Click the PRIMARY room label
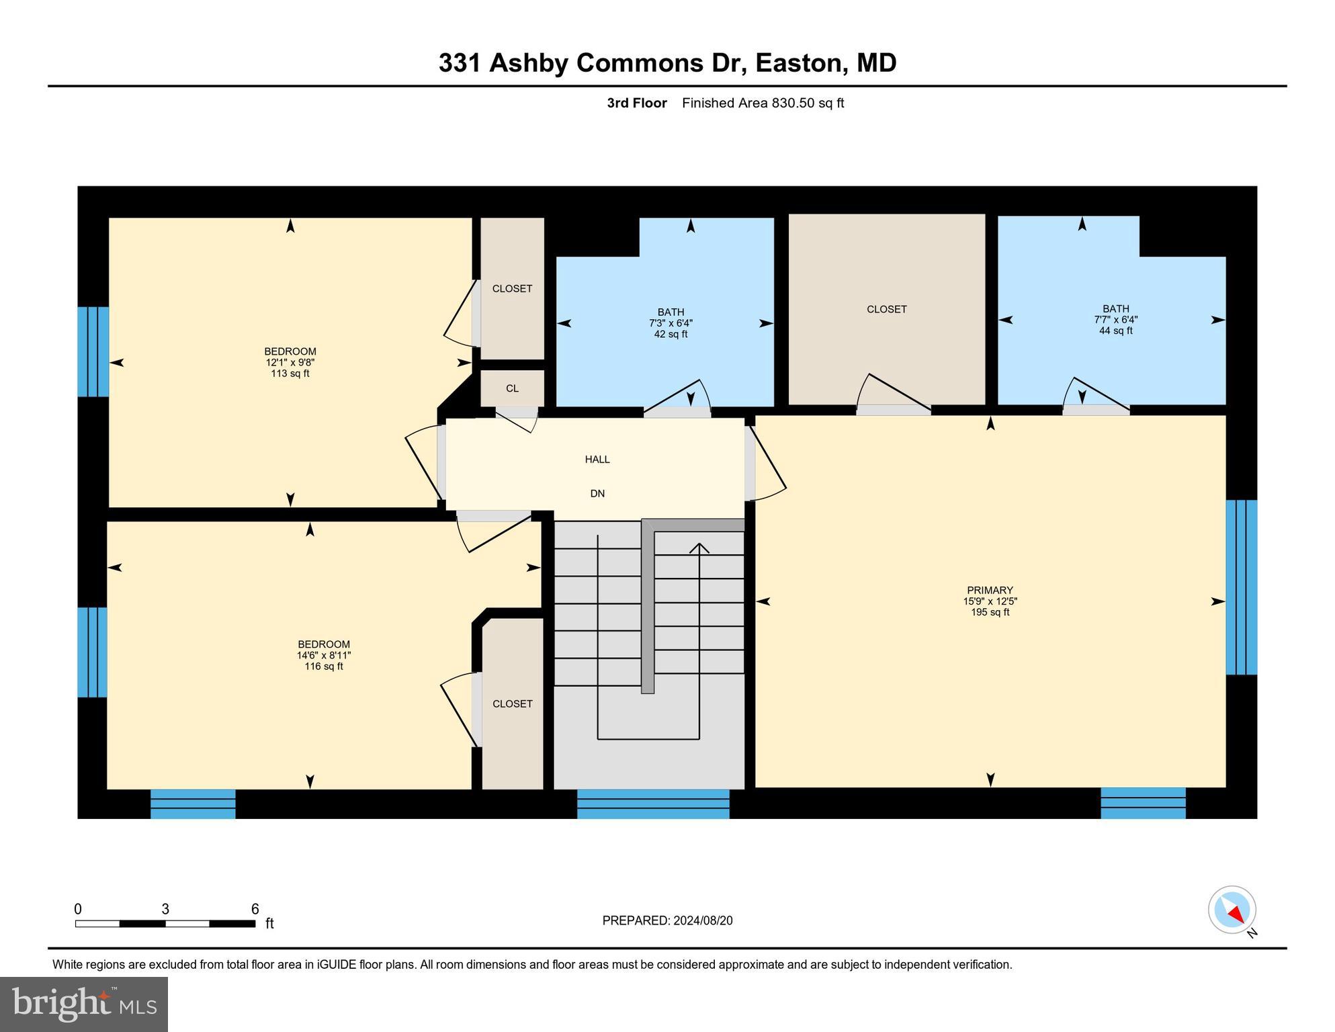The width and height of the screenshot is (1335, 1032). [x=990, y=591]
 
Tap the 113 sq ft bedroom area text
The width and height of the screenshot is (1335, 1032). [x=290, y=374]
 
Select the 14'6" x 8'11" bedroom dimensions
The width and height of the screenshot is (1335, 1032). [x=324, y=655]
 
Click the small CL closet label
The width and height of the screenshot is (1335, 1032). [x=512, y=388]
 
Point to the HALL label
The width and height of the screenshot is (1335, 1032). [x=597, y=460]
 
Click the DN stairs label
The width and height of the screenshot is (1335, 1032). [x=597, y=494]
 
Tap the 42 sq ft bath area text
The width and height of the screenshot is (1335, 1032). [x=671, y=334]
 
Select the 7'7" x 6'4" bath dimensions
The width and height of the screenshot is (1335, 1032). [x=1115, y=320]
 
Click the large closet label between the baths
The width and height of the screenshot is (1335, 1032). [x=886, y=309]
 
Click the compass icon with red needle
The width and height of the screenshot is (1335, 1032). [x=1232, y=910]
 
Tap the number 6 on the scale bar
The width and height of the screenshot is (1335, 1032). [x=255, y=909]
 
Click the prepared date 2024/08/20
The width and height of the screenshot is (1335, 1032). [x=701, y=920]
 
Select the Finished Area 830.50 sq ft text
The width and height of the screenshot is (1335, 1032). [x=763, y=103]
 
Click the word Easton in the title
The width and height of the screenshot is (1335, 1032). [x=798, y=62]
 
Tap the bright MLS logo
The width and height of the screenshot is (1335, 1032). [x=84, y=1004]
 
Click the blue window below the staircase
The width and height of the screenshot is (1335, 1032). [x=653, y=804]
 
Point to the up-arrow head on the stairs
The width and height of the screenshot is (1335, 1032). [x=699, y=548]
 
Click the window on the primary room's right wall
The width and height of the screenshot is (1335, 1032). [x=1241, y=587]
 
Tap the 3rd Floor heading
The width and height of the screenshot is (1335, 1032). [x=636, y=103]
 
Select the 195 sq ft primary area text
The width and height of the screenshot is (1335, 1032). [x=990, y=612]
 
